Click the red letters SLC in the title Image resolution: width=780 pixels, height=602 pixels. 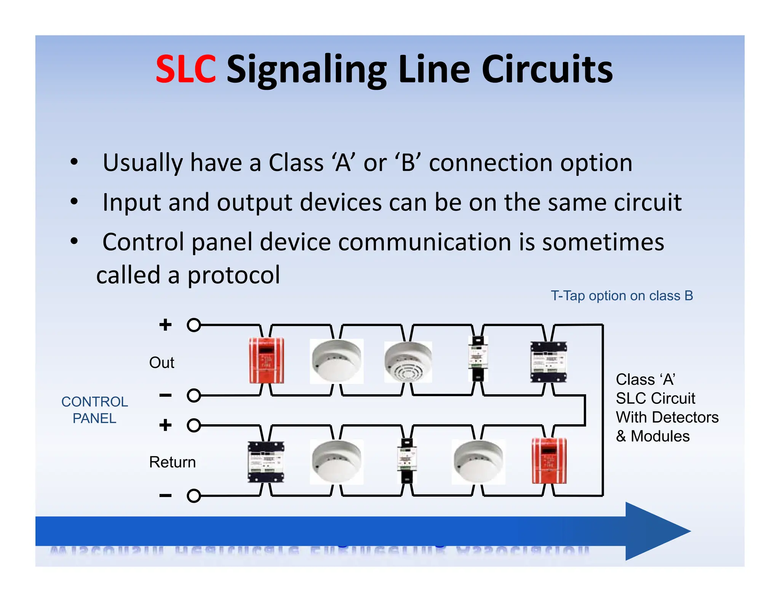pos(186,69)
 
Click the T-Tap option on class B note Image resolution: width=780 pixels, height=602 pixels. pos(622,296)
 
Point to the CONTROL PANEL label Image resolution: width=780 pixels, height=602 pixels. pos(94,410)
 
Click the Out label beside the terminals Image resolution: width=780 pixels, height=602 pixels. pos(161,363)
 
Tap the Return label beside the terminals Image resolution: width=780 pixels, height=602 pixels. pos(172,462)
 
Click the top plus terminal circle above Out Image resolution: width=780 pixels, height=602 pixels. pos(194,325)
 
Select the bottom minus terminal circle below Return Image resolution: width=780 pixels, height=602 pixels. pos(194,496)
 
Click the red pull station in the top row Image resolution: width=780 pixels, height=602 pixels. pos(266,360)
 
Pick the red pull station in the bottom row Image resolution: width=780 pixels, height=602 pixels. pos(549,460)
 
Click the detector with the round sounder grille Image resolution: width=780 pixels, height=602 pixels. pos(408,362)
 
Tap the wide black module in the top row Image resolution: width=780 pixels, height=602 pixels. pos(548,362)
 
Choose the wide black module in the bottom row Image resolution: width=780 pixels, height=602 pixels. pos(266,462)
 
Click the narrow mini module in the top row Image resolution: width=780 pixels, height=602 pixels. pos(478,358)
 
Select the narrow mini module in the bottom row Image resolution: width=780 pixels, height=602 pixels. pos(407,460)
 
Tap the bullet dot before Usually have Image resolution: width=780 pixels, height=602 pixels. pos(74,162)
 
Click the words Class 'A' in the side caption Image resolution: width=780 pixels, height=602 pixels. pos(645,379)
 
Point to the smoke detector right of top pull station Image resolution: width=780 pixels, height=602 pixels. pos(336,361)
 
